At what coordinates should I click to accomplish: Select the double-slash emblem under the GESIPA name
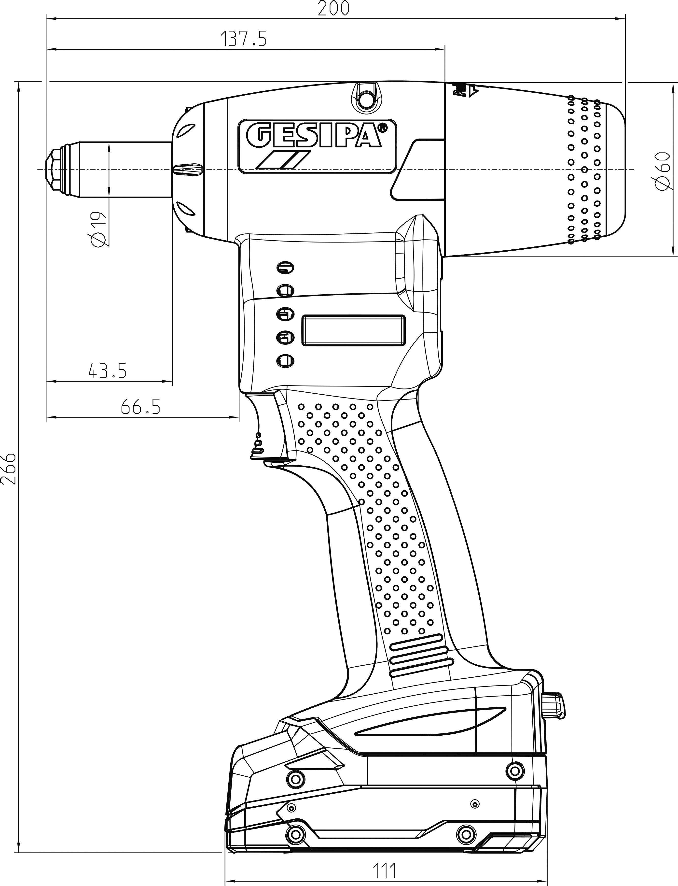click(284, 160)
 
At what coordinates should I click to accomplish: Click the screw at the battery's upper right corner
click(514, 770)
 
